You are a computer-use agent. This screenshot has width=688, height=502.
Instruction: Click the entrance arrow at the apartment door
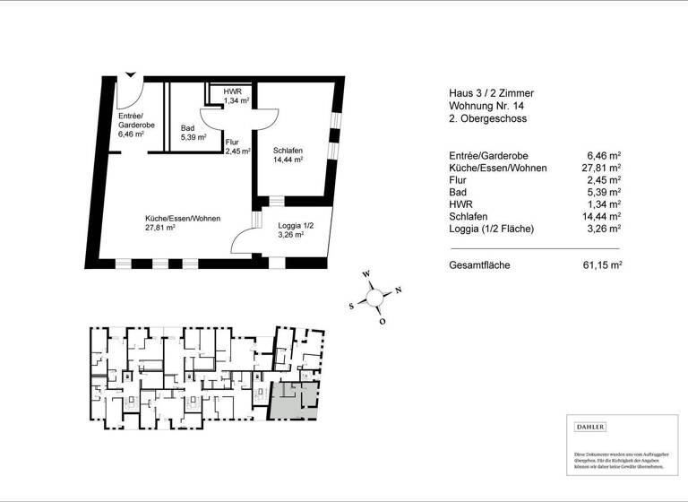point(132,75)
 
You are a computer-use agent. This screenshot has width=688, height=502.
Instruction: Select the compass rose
point(374,296)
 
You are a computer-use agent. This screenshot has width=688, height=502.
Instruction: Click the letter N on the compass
point(398,289)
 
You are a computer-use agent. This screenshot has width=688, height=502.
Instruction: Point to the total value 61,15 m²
point(602,265)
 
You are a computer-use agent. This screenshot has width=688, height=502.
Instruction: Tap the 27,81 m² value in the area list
point(602,168)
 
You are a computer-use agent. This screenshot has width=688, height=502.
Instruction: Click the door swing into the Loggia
point(242,239)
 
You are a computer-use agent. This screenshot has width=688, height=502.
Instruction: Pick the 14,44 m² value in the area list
point(602,216)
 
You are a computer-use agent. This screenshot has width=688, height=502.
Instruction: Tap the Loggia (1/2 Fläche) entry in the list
point(492,229)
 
